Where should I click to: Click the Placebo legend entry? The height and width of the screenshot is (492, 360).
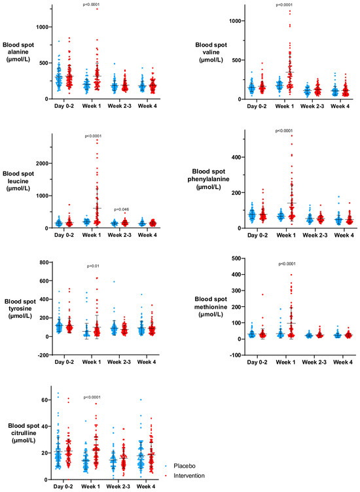[x=185, y=466]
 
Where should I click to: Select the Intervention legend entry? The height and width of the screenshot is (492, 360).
[x=189, y=476]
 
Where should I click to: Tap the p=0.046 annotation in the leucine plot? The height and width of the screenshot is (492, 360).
[x=122, y=209]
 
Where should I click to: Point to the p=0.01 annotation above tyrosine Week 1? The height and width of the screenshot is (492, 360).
[x=93, y=266]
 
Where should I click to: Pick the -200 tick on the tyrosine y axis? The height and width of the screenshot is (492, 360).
[x=43, y=355]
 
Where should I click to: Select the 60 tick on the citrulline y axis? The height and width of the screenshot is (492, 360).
[x=45, y=400]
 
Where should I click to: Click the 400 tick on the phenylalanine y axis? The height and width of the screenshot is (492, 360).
[x=236, y=157]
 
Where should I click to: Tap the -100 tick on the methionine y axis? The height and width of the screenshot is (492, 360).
[x=235, y=355]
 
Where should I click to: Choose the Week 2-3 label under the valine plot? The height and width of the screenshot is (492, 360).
[x=312, y=107]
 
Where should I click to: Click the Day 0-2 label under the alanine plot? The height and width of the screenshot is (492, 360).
[x=64, y=106]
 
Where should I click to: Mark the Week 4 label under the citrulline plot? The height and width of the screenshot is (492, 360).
[x=145, y=487]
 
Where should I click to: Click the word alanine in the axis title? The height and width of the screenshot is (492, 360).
[x=18, y=52]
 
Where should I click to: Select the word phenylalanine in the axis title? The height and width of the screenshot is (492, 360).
[x=208, y=179]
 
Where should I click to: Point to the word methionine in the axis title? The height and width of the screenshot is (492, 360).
[x=211, y=307]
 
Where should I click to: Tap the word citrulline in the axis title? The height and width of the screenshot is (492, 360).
[x=24, y=433]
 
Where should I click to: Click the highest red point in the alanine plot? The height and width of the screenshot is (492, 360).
[x=97, y=9]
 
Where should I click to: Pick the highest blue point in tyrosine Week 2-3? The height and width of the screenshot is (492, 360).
[x=114, y=281]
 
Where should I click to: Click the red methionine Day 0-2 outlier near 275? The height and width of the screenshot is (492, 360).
[x=262, y=294]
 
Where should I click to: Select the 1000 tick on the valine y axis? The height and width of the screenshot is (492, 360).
[x=235, y=21]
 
